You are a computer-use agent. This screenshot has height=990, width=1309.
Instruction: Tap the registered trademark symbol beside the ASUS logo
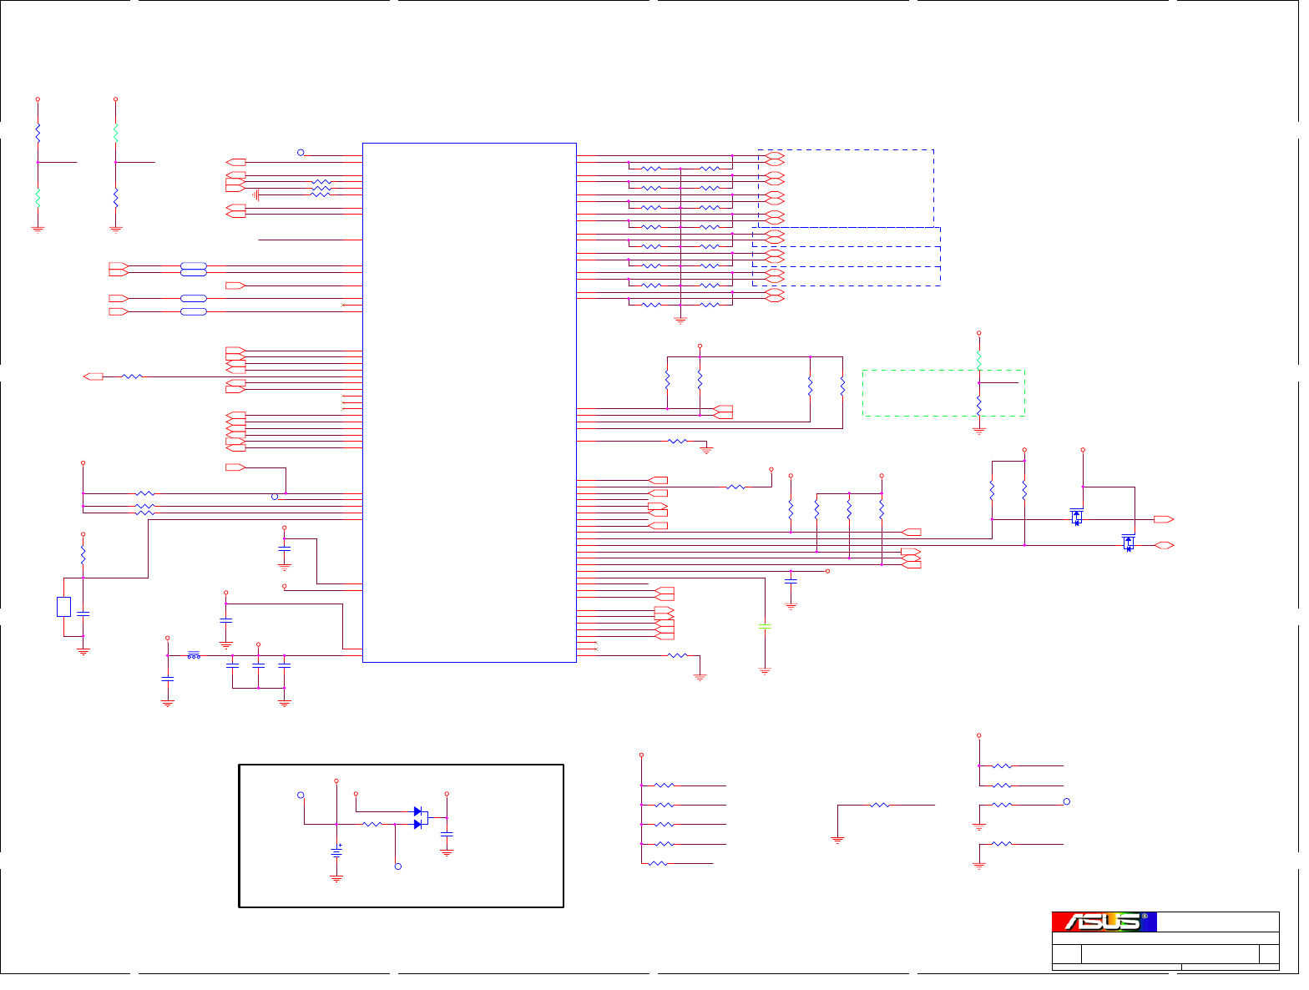pyautogui.click(x=1145, y=917)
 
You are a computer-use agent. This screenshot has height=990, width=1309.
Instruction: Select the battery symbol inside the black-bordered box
pyautogui.click(x=336, y=852)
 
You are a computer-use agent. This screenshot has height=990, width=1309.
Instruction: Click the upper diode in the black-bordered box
pyautogui.click(x=418, y=811)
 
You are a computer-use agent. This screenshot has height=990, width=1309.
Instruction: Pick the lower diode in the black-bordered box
pyautogui.click(x=418, y=824)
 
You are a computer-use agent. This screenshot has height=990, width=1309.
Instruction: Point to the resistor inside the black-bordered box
pyautogui.click(x=372, y=824)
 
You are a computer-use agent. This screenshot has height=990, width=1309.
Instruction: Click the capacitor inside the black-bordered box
pyautogui.click(x=447, y=834)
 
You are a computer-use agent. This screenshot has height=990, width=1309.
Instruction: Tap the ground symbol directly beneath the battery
pyautogui.click(x=336, y=878)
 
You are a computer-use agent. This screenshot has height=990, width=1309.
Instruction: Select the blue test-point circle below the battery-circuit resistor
pyautogui.click(x=398, y=866)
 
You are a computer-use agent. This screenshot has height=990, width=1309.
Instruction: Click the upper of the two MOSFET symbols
pyautogui.click(x=1077, y=517)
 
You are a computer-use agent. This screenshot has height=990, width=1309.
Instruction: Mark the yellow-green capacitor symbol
pyautogui.click(x=764, y=626)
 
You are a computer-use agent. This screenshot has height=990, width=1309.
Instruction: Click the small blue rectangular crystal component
pyautogui.click(x=63, y=607)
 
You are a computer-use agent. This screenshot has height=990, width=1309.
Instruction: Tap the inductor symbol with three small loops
pyautogui.click(x=194, y=655)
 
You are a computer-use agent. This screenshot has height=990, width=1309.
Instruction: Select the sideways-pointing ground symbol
pyautogui.click(x=257, y=194)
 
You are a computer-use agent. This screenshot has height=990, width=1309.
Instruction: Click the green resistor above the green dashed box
pyautogui.click(x=979, y=359)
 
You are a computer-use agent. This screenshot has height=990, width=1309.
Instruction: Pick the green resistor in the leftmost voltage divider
pyautogui.click(x=38, y=197)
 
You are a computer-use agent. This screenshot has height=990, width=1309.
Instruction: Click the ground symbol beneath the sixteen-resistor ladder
pyautogui.click(x=680, y=320)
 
